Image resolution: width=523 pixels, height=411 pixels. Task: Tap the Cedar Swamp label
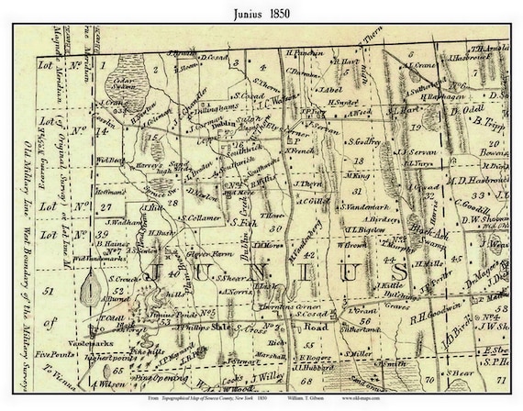113,81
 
